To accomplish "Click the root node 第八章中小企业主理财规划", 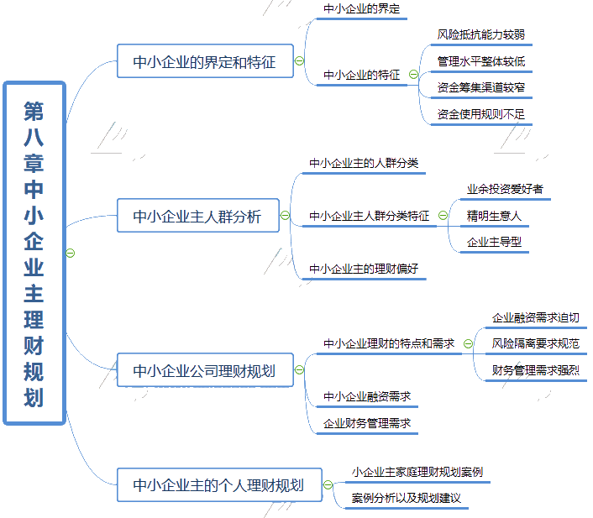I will click(x=34, y=253).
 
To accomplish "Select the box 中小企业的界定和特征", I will click(x=205, y=61).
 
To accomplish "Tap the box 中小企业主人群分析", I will click(x=197, y=217).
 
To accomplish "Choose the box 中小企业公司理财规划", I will click(x=205, y=369).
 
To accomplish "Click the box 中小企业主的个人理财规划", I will click(x=218, y=485).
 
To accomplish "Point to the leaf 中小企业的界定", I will click(x=362, y=9).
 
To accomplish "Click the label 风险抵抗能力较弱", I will click(x=481, y=35).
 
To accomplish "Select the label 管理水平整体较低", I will click(x=481, y=61).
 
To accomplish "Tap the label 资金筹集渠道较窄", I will click(x=481, y=87).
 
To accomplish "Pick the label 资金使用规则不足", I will click(x=481, y=113).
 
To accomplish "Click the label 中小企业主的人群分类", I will click(x=364, y=163).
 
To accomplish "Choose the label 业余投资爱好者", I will click(x=505, y=189).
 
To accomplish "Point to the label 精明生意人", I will click(x=495, y=216).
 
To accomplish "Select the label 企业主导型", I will click(x=495, y=242).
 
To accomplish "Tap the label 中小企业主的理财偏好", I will click(x=364, y=269).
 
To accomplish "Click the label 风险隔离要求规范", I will click(x=536, y=343).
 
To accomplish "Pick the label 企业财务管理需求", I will click(x=367, y=423).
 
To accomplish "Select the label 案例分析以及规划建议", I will click(x=407, y=498).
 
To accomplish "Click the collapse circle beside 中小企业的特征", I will click(x=413, y=75).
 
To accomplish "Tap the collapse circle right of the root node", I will click(x=71, y=253).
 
